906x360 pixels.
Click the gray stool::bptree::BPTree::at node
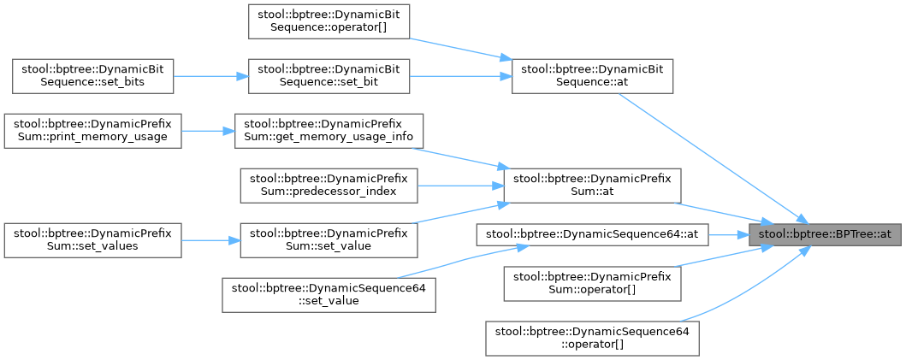(826, 233)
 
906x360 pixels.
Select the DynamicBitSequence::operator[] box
(329, 21)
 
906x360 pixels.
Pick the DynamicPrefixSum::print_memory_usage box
(92, 131)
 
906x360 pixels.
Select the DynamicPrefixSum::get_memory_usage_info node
(329, 131)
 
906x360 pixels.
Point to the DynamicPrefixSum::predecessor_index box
(329, 186)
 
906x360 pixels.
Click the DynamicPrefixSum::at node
(592, 186)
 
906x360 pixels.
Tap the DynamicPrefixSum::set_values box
(92, 240)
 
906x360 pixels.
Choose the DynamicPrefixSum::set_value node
(329, 240)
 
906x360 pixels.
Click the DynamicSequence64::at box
(592, 233)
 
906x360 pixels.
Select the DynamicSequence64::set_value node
(329, 295)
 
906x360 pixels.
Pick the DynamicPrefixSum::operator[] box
(592, 283)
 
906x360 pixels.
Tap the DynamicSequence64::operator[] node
(592, 338)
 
